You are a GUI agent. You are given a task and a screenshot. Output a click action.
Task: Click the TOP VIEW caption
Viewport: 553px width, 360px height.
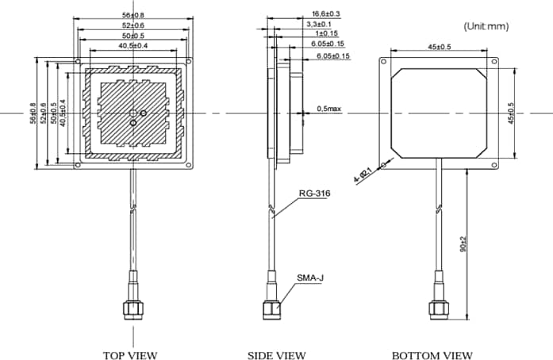point(130,354)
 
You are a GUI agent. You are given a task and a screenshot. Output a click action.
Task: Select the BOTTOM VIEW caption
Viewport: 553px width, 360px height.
point(432,354)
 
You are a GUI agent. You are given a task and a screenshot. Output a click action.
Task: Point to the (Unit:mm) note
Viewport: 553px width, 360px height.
point(486,26)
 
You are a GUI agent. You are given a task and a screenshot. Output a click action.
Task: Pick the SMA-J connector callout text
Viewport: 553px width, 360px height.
point(310,278)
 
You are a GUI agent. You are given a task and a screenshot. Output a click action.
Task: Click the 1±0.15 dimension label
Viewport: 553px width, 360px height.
point(325,35)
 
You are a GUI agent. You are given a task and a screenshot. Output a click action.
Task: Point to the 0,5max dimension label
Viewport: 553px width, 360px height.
point(329,108)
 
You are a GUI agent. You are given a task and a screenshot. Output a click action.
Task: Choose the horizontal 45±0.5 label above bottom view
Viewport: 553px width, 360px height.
point(439,47)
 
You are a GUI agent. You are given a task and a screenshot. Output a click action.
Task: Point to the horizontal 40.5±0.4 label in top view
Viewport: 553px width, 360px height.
point(132,45)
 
